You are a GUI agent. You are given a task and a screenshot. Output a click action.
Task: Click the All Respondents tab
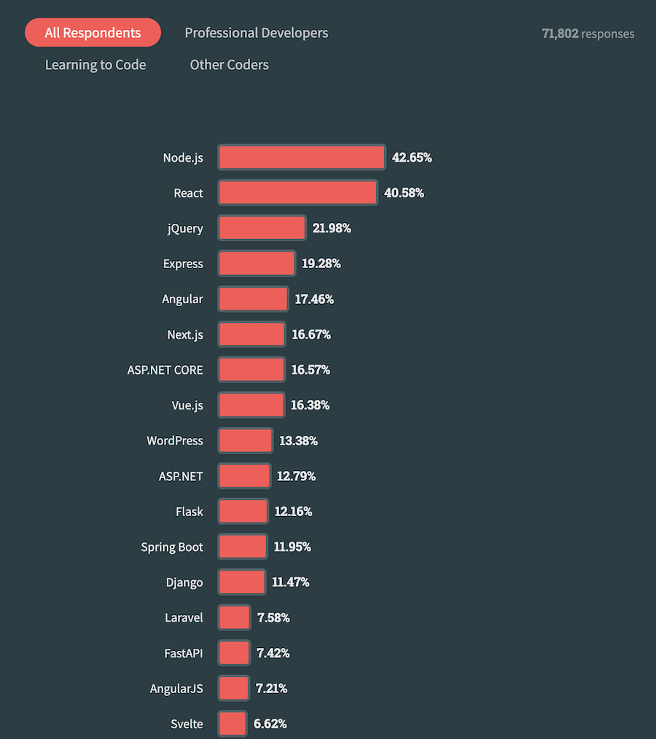coord(93,33)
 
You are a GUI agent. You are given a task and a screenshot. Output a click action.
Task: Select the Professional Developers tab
coord(256,33)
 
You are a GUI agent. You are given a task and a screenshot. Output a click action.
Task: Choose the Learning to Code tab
coord(95,65)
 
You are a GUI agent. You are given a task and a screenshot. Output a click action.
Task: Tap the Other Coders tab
coord(229,65)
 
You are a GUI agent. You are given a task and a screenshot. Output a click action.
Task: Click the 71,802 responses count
coord(587,34)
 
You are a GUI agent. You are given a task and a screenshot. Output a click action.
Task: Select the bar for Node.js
coord(302,157)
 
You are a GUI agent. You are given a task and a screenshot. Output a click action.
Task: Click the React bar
coord(297,193)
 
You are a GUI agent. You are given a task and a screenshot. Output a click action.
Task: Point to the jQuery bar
coord(262,228)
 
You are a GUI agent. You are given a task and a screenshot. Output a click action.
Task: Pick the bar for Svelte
coord(233,724)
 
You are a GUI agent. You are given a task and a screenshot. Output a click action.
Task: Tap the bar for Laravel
coord(234,617)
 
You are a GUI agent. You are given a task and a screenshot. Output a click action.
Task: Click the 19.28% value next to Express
coord(321,264)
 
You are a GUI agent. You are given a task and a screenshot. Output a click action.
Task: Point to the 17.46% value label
coord(314,299)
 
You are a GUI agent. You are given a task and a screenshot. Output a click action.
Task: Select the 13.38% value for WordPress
coord(298,441)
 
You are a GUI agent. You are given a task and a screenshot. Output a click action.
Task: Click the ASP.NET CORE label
coord(165,369)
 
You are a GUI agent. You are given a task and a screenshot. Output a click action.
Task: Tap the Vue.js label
coord(187,405)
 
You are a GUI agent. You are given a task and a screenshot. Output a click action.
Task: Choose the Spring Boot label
coord(172,547)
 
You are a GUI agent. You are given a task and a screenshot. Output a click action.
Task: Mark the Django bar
coord(242,582)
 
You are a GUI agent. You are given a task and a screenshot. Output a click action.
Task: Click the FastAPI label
coord(184,653)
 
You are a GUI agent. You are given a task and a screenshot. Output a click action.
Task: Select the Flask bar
coord(243,512)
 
